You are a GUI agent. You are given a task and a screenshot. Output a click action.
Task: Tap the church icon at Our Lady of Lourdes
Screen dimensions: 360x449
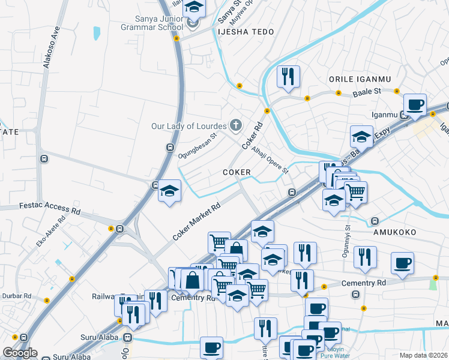(236, 125)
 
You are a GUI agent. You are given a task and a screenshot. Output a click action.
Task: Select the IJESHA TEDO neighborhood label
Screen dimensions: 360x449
(246, 32)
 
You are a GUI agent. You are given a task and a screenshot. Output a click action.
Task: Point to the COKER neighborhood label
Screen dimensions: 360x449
(237, 172)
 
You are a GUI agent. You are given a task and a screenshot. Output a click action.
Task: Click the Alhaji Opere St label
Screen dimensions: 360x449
(270, 160)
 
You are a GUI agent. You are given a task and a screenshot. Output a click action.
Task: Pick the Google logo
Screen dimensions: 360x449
(20, 353)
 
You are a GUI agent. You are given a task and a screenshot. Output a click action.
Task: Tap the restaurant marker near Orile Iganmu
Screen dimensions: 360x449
(289, 76)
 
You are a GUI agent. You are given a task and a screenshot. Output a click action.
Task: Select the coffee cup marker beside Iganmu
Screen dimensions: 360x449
(415, 104)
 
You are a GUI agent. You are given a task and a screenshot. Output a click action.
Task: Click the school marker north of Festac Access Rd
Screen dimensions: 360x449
(170, 191)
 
